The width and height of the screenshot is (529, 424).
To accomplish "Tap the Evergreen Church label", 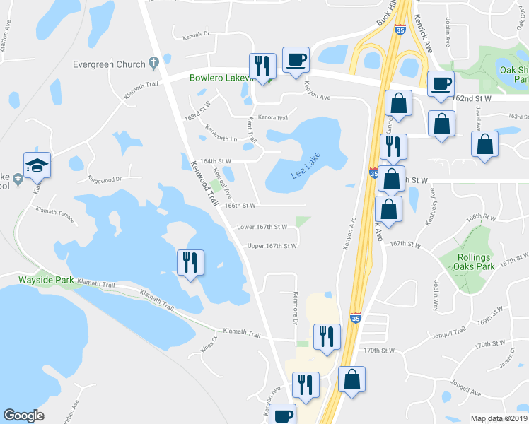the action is tap(109, 64).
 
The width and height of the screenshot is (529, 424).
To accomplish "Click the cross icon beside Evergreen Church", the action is tap(153, 64).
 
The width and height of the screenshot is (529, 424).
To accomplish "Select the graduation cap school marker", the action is tap(37, 166).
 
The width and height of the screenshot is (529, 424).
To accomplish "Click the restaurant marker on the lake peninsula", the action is tap(190, 263).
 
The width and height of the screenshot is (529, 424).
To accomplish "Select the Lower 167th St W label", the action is tap(262, 227).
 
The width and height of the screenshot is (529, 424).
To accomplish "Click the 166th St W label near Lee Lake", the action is tap(239, 205).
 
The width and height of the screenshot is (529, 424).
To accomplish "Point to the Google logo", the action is tap(23, 415).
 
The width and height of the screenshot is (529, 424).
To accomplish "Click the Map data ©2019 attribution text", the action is tap(499, 418).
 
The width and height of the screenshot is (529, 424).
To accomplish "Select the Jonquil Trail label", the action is tap(446, 331).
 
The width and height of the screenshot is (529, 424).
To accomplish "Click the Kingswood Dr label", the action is tap(105, 179).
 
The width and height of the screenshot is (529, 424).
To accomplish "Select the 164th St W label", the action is tap(216, 161).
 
